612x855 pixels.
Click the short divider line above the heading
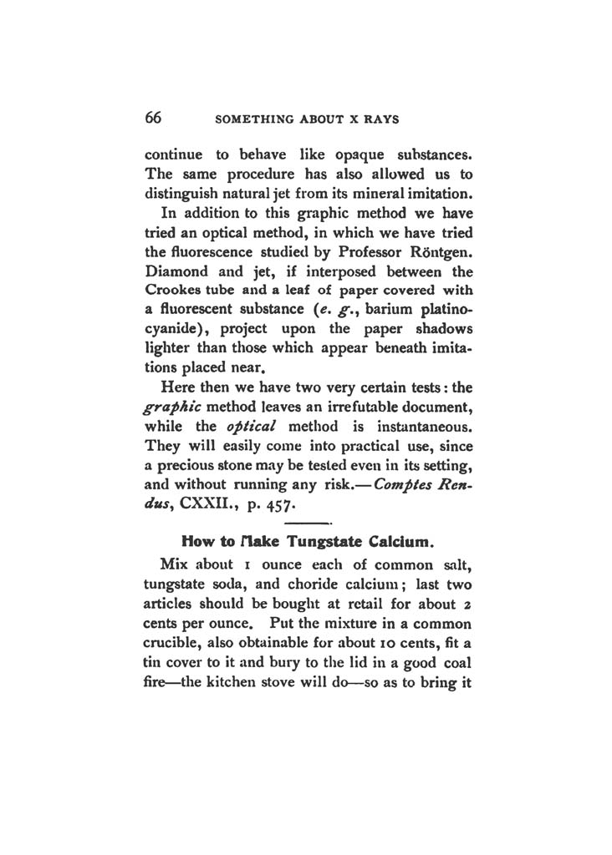tap(309, 523)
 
